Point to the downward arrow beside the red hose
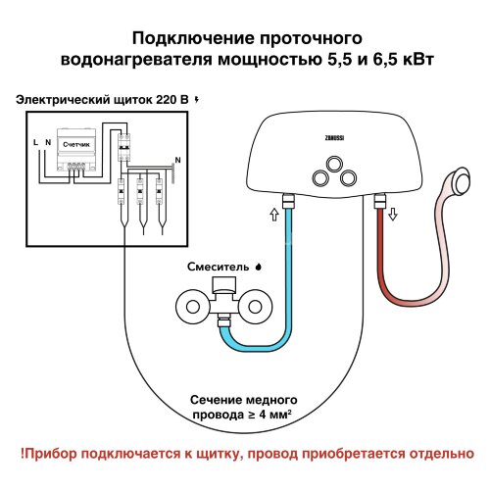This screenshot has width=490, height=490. (x=393, y=213)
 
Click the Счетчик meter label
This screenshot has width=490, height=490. (x=77, y=145)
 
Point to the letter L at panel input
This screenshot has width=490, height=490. (x=35, y=144)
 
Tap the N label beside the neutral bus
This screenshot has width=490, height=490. (x=176, y=159)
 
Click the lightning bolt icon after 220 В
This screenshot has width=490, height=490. (x=200, y=99)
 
